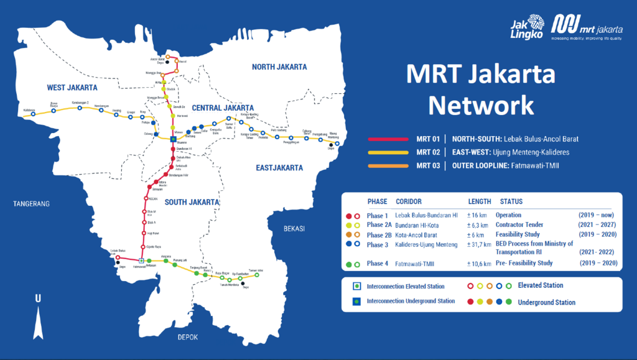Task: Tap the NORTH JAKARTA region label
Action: coord(279,67)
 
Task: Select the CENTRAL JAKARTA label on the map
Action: coord(222,108)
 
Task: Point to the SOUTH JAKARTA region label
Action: coord(192,202)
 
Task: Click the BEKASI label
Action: coord(294,228)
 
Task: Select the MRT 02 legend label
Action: coord(428,152)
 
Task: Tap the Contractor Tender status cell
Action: coord(519,224)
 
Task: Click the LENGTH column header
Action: coord(479,201)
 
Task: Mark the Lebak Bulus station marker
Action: coord(117,257)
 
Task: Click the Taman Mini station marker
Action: coord(257,274)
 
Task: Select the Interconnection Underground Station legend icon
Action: coord(356,301)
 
